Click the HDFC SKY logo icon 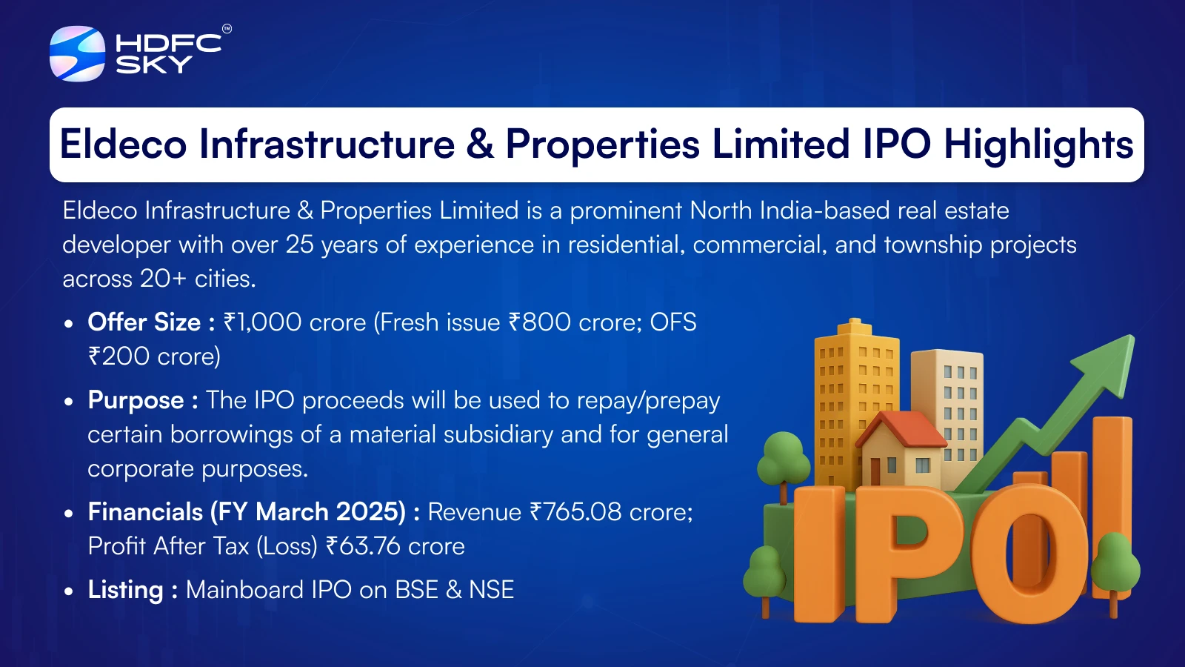pyautogui.click(x=77, y=53)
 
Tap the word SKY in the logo pyautogui.click(x=154, y=64)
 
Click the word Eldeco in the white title pyautogui.click(x=123, y=144)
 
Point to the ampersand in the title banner pyautogui.click(x=480, y=144)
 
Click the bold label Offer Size pyautogui.click(x=144, y=322)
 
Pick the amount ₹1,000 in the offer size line pyautogui.click(x=262, y=322)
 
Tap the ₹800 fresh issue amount pyautogui.click(x=539, y=322)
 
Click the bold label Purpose pyautogui.click(x=136, y=401)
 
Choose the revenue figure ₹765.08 pyautogui.click(x=575, y=512)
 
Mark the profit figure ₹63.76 pyautogui.click(x=363, y=545)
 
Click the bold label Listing pyautogui.click(x=125, y=590)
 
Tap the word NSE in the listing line pyautogui.click(x=492, y=590)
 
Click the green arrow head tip pyautogui.click(x=1134, y=336)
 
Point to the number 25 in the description pyautogui.click(x=299, y=245)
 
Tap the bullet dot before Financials pyautogui.click(x=67, y=513)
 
